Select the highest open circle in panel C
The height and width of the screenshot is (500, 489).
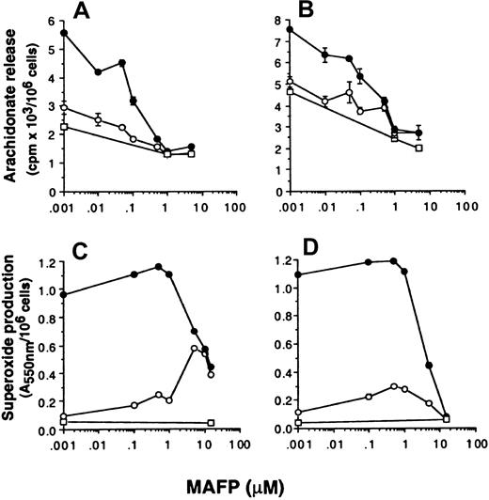point(194,349)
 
